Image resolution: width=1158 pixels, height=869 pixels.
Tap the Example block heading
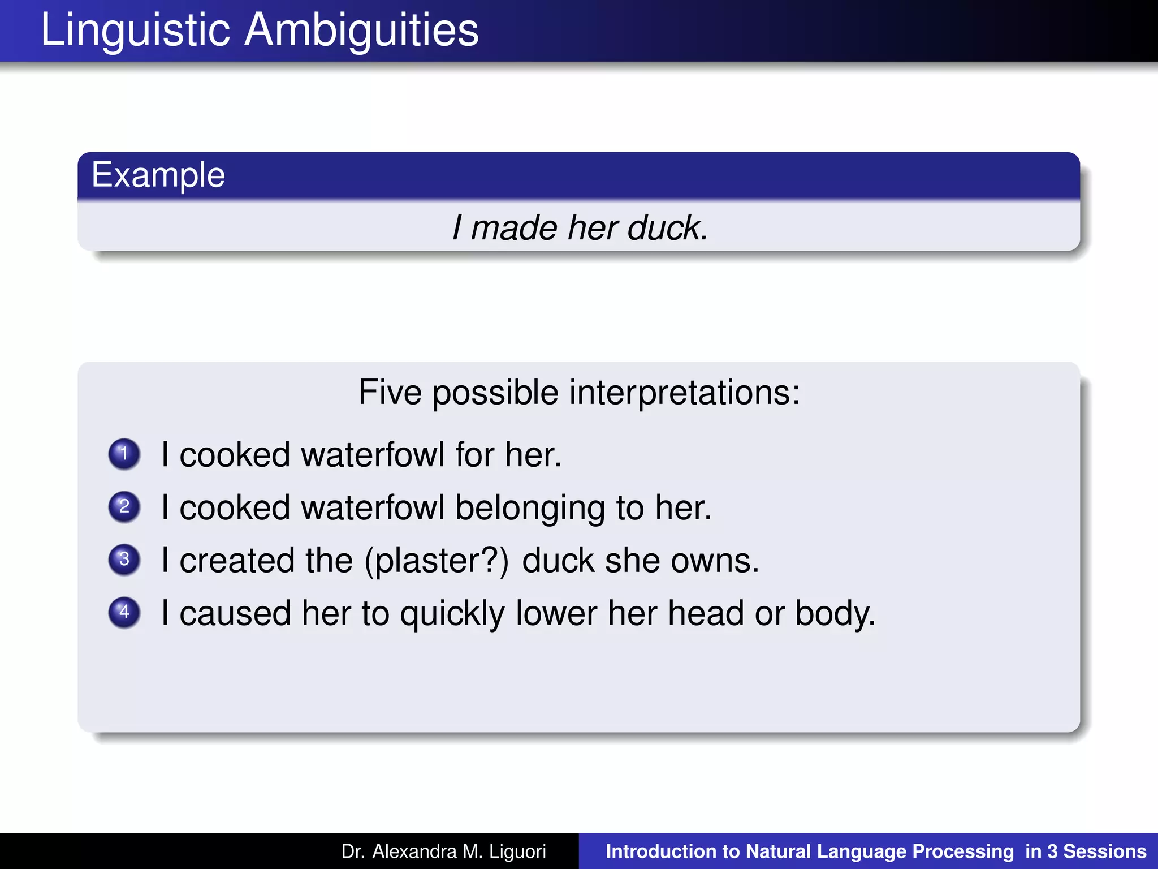[158, 175]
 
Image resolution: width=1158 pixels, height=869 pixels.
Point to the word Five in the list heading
[390, 392]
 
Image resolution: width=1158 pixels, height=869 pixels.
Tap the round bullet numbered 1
[124, 454]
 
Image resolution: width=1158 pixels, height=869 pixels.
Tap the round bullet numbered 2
[124, 506]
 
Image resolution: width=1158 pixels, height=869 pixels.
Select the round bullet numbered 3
[124, 560]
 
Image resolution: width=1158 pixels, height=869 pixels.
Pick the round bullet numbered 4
[124, 612]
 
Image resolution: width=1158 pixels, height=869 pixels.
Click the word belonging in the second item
[530, 507]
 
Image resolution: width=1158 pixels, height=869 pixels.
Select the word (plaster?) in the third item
[437, 561]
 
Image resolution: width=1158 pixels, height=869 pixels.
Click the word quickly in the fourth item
[452, 614]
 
